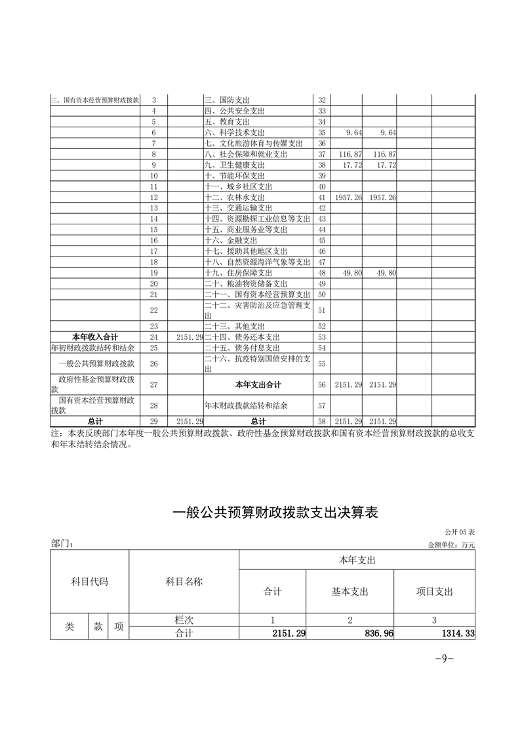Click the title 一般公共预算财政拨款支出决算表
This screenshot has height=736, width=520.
coord(275,513)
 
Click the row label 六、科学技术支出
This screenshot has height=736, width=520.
coord(234,133)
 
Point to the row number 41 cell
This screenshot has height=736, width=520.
coord(321,197)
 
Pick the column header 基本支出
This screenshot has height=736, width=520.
coord(350,592)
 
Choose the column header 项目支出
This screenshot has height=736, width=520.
coord(435,592)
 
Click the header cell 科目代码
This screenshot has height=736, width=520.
coord(89,582)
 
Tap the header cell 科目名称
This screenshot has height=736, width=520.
coord(184,582)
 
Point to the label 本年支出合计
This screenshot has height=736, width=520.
coord(258,384)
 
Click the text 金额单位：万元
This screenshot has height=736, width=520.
coord(450,544)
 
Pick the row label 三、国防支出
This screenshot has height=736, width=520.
coord(227,100)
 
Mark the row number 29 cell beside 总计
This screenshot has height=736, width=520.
coord(154,421)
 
